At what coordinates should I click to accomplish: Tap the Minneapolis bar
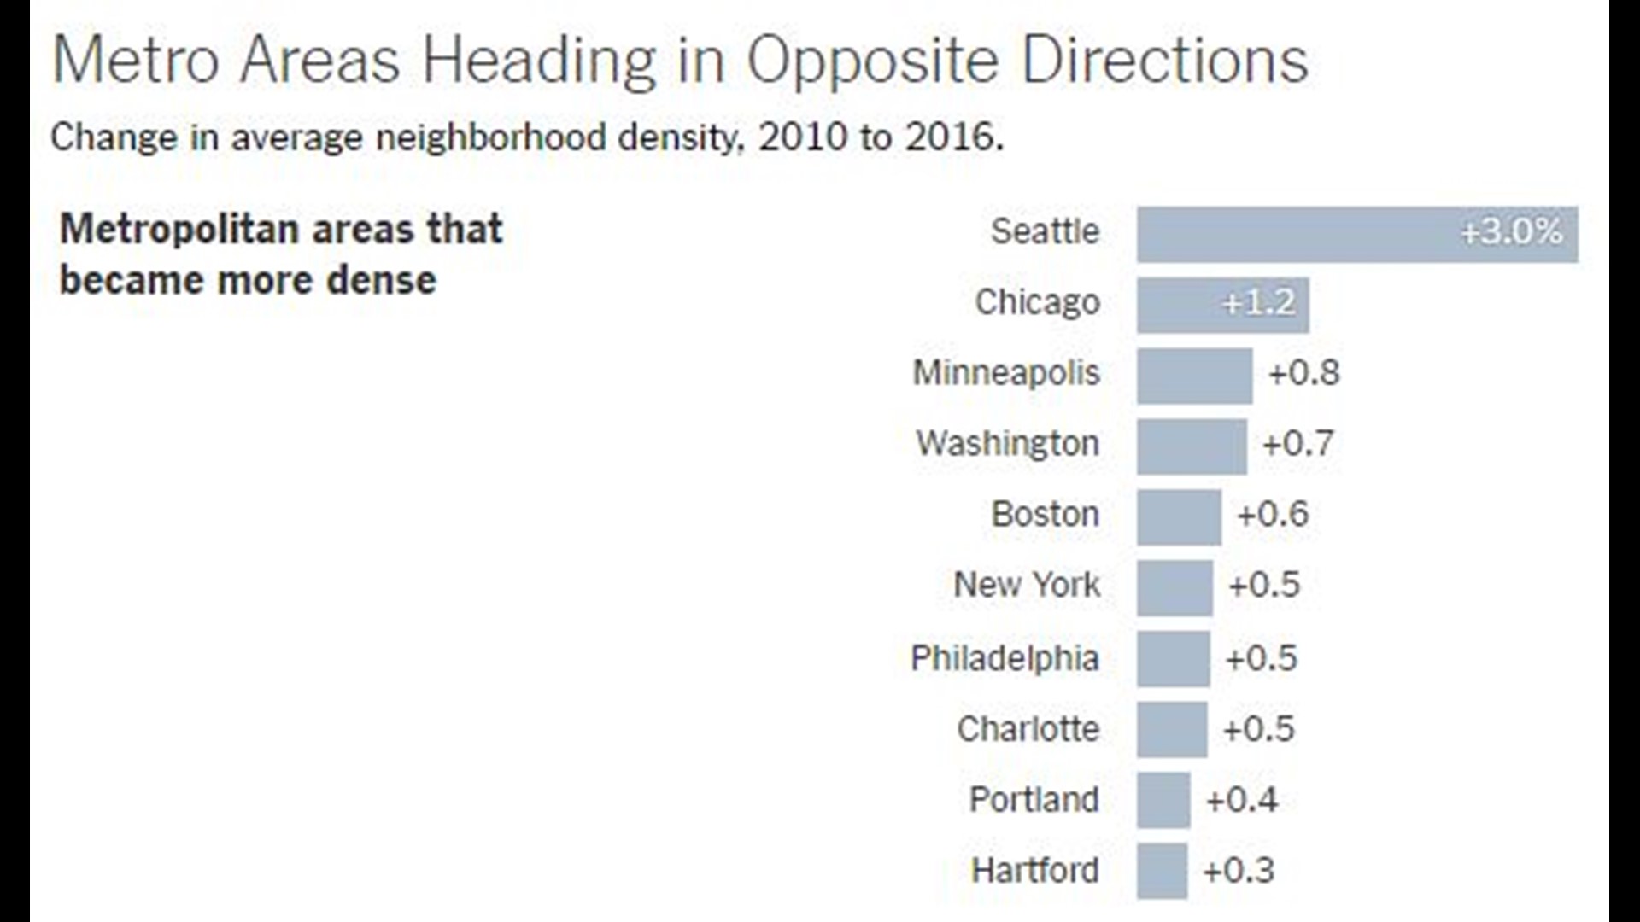coord(1194,376)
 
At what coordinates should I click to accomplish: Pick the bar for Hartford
coord(1162,871)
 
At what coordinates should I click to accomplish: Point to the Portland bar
coord(1163,800)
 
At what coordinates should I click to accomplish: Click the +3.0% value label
coord(1511,231)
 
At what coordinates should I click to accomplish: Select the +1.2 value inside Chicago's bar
coord(1258,302)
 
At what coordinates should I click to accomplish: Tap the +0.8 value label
coord(1303,373)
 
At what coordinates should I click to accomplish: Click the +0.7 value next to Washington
coord(1297,444)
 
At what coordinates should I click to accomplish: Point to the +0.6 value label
coord(1272,515)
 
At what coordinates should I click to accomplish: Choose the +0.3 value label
coord(1238,871)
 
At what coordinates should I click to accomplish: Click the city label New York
coord(1027,585)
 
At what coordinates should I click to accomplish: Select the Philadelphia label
coord(1004,658)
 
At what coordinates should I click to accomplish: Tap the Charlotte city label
coord(1028,729)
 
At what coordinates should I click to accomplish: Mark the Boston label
coord(1045,515)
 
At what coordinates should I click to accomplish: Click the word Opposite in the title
coord(872,61)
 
